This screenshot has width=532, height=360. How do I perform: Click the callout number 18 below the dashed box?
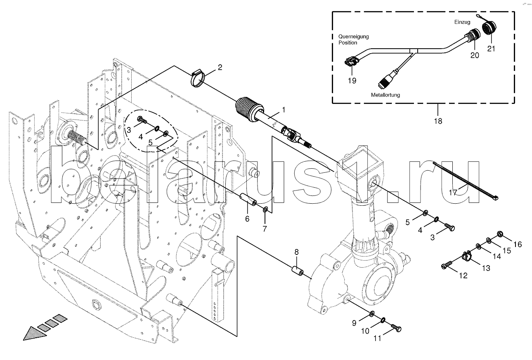[x=438, y=121]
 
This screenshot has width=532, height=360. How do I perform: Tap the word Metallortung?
[x=385, y=95]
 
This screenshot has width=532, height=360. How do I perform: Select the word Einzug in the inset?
[x=462, y=22]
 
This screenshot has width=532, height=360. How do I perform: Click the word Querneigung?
[x=354, y=37]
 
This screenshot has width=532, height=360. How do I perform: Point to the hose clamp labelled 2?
[x=198, y=78]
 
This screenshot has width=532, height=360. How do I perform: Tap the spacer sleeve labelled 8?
[x=297, y=271]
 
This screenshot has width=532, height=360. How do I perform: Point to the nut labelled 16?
[x=499, y=235]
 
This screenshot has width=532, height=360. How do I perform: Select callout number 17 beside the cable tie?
[x=453, y=192]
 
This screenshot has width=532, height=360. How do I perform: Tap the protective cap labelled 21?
[x=489, y=28]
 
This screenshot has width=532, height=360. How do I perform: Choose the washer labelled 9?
[x=372, y=314]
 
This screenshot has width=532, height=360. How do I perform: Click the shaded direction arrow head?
[x=35, y=334]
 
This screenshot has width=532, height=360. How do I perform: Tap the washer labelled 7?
[x=265, y=209]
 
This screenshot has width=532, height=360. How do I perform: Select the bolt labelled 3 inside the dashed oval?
[x=142, y=120]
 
